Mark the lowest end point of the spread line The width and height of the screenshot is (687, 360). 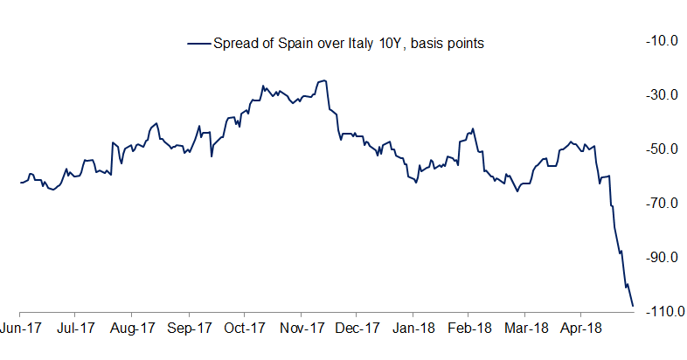tap(633, 306)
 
